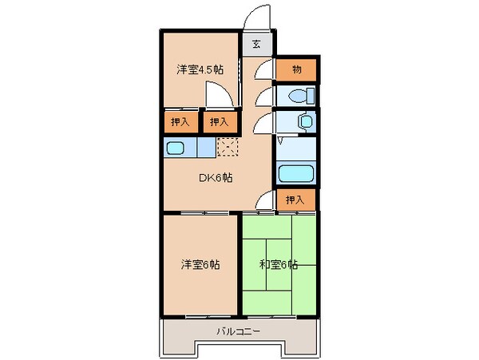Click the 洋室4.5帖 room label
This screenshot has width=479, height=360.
pyautogui.click(x=200, y=69)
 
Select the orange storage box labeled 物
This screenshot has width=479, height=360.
pyautogui.click(x=296, y=70)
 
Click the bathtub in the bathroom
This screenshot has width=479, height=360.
pyautogui.click(x=296, y=173)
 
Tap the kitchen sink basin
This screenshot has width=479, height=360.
pyautogui.click(x=176, y=148)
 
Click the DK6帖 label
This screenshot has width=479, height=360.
pyautogui.click(x=216, y=178)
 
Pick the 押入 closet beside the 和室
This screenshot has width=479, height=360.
pyautogui.click(x=295, y=200)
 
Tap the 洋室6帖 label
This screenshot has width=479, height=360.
pyautogui.click(x=200, y=264)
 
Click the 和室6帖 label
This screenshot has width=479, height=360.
pyautogui.click(x=277, y=264)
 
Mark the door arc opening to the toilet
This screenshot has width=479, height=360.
pyautogui.click(x=263, y=97)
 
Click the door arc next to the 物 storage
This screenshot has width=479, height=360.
pyautogui.click(x=263, y=71)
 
